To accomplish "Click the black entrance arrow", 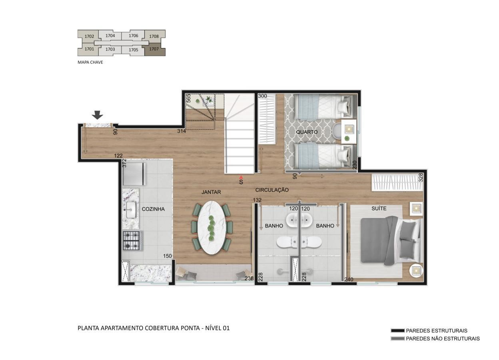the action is tap(97, 115).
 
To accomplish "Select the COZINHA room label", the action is tap(153, 209).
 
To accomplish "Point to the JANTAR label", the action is tap(211, 192).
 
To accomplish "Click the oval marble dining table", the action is tap(212, 227).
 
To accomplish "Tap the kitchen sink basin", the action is tap(131, 210).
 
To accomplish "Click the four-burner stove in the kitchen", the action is tap(132, 240).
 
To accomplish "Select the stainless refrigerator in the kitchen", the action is tap(134, 174).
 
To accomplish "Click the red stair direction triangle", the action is tap(241, 177).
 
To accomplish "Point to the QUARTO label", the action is tap(307, 132).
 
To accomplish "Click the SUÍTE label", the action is tap(379, 208).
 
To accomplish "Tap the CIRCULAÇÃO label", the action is tap(272, 190).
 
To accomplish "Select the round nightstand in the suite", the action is tap(416, 271).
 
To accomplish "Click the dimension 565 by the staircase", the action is tap(188, 98).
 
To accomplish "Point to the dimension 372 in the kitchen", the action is tap(124, 163).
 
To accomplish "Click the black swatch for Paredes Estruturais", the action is tap(397, 330).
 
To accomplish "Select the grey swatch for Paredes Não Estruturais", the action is tap(397, 339).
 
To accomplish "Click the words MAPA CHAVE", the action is tap(90, 62).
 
